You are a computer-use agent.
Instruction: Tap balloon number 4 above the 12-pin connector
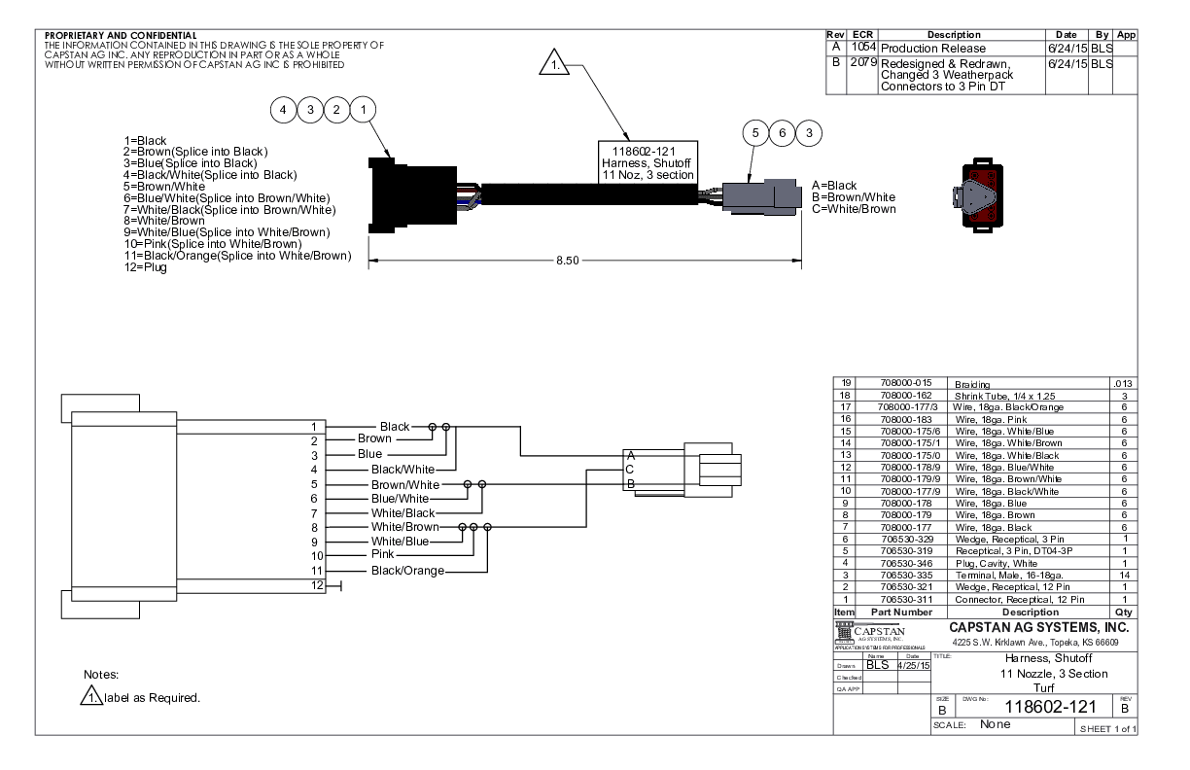[x=283, y=111]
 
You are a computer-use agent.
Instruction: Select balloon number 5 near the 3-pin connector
[x=754, y=133]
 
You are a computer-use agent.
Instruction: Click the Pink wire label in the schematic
[x=383, y=554]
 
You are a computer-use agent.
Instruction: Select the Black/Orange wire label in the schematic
[x=407, y=571]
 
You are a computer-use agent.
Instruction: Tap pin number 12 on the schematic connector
[x=316, y=584]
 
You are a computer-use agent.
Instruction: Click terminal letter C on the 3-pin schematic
[x=630, y=470]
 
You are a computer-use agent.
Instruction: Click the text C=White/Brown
[x=854, y=209]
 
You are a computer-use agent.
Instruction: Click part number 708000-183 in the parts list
[x=905, y=419]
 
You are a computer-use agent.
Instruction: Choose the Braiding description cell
[x=978, y=385]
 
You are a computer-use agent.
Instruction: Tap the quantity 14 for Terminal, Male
[x=1123, y=577]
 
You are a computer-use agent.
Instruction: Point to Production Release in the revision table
[x=932, y=49]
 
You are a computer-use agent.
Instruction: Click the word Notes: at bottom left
[x=101, y=674]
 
